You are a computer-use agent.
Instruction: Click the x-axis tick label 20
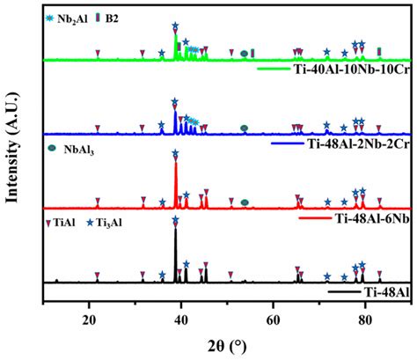[x=88, y=317]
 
